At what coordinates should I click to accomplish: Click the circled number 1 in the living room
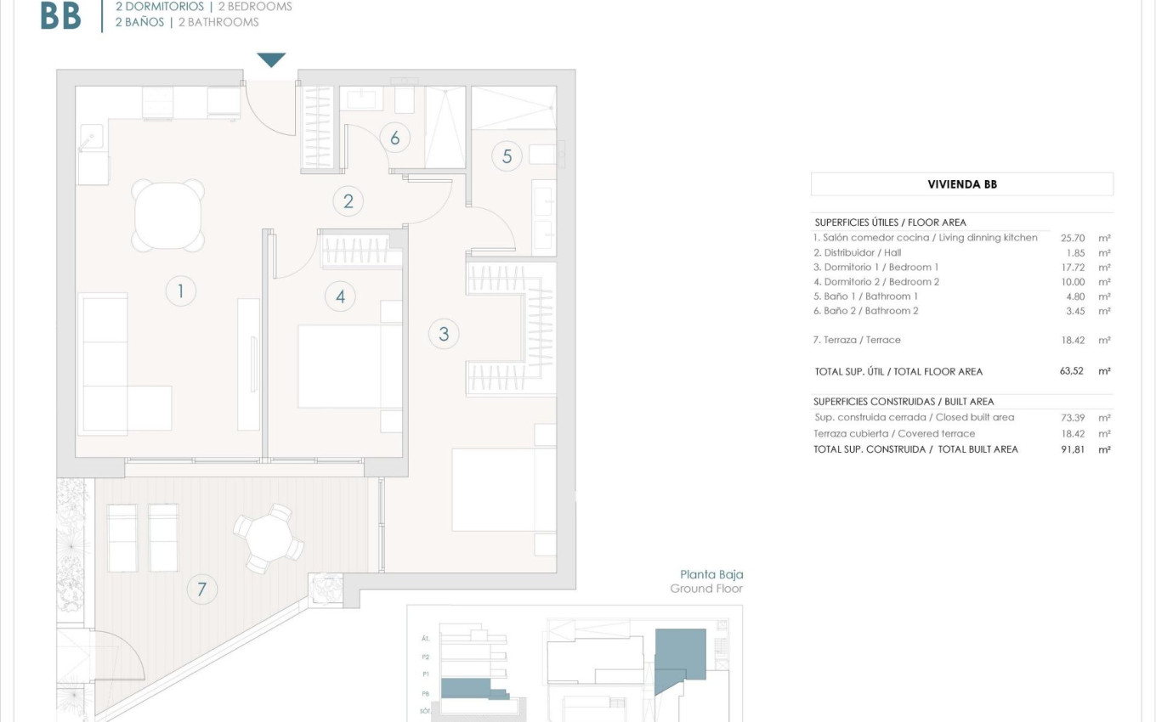[180, 291]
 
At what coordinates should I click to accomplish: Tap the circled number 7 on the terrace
[201, 589]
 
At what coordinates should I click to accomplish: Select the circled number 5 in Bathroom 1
[507, 156]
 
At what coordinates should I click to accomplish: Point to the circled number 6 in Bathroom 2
[394, 137]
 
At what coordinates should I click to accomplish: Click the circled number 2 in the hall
[348, 201]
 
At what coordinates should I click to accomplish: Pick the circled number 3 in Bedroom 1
[443, 334]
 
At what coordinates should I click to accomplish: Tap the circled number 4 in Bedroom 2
[340, 296]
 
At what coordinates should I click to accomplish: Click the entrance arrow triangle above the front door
[271, 59]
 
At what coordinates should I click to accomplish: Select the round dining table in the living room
[168, 216]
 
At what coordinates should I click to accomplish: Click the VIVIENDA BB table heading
[961, 184]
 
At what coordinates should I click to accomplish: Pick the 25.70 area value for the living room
[1073, 239]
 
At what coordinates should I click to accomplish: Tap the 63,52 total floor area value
[1072, 371]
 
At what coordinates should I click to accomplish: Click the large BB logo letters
[61, 15]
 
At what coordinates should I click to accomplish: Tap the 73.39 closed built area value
[1073, 418]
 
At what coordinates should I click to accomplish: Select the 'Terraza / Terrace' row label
[857, 340]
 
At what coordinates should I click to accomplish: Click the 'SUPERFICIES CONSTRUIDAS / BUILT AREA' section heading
[903, 402]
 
